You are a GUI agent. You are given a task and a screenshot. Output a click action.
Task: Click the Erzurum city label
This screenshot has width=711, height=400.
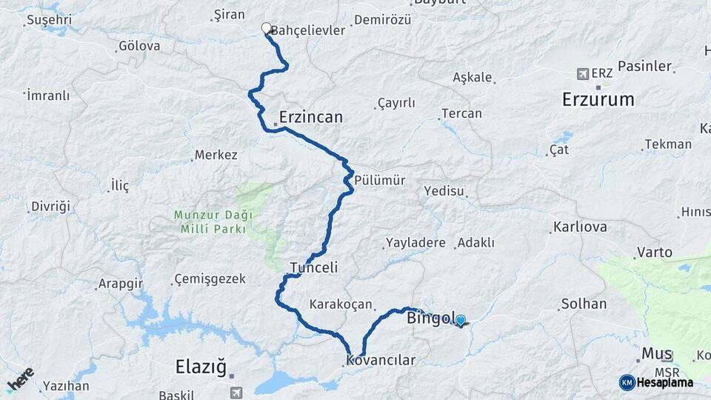tap(598, 99)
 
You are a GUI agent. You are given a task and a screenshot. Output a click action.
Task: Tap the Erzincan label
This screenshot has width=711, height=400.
tap(311, 117)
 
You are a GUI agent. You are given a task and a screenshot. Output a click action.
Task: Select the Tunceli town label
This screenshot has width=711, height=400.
tap(313, 267)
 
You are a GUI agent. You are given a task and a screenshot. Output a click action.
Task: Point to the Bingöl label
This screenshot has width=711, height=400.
tap(430, 319)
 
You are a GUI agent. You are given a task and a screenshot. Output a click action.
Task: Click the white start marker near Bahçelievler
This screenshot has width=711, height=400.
tap(267, 29)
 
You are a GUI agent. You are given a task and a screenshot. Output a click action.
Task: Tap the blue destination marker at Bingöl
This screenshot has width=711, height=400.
tap(461, 321)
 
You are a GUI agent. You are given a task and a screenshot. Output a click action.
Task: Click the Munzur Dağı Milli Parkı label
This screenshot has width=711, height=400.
tap(213, 222)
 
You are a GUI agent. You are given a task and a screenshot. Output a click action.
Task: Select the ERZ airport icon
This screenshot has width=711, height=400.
tap(583, 74)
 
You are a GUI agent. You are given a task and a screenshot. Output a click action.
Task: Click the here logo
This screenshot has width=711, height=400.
tap(20, 380)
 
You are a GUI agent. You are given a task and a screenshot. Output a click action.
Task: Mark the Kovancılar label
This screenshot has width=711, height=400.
tap(381, 361)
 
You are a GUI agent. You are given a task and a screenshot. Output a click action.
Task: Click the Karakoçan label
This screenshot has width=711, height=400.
tap(341, 304)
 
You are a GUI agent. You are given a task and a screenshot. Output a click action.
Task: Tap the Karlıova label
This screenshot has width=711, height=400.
tap(581, 227)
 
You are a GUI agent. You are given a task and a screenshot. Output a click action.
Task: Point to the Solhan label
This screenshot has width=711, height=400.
tap(584, 304)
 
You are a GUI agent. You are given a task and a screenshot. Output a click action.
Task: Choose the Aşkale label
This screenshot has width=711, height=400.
tap(473, 78)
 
